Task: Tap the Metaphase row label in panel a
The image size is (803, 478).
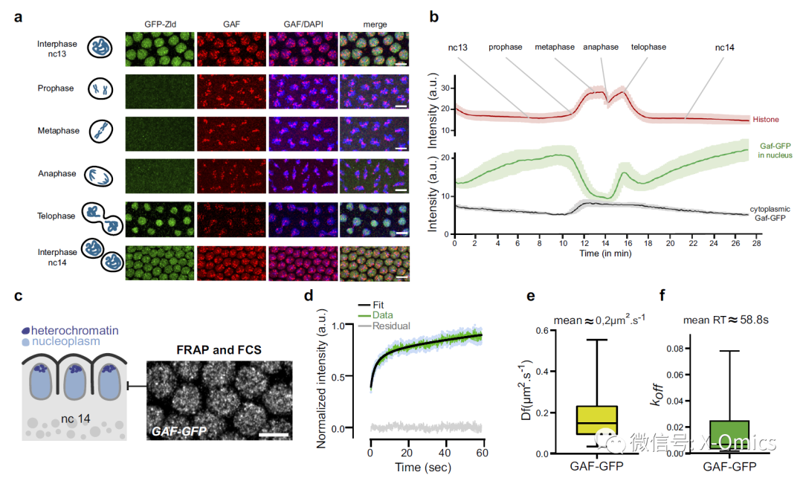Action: tap(56, 131)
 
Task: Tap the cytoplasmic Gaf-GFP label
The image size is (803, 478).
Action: tap(770, 214)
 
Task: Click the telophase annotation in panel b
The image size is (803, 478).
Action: tap(648, 47)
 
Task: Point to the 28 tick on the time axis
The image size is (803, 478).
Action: tap(758, 243)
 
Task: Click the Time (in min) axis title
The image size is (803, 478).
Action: tap(605, 253)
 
